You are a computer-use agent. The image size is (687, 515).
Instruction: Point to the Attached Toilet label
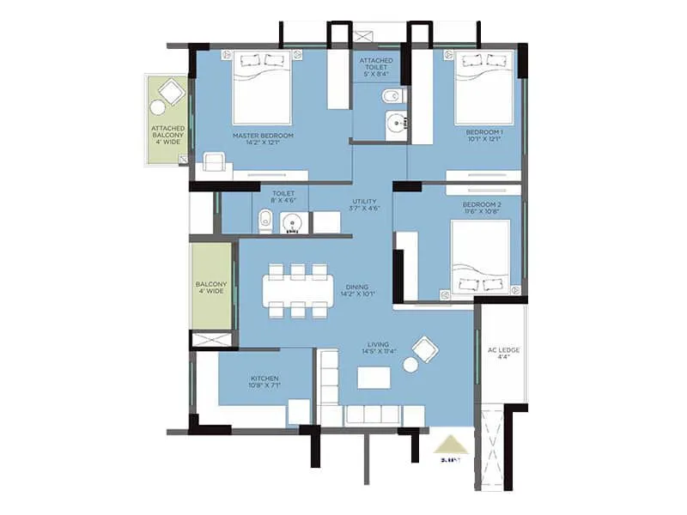click(x=376, y=65)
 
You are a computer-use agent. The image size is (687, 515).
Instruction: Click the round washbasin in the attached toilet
click(x=397, y=123)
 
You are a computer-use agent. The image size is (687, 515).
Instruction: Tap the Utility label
click(x=365, y=204)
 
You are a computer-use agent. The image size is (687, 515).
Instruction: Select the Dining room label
click(x=357, y=292)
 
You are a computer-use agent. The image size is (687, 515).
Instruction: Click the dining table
click(x=297, y=291)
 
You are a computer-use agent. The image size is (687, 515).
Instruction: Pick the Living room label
click(x=379, y=348)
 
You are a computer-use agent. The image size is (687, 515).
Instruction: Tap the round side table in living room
click(x=410, y=365)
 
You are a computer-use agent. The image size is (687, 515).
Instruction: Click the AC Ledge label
click(x=502, y=354)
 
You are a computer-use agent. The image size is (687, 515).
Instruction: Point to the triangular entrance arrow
click(x=451, y=445)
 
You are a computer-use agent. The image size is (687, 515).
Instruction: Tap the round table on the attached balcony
click(x=158, y=108)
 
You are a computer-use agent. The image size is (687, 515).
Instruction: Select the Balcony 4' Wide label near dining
click(x=210, y=288)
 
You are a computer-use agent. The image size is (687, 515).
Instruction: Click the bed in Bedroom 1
click(x=483, y=88)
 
